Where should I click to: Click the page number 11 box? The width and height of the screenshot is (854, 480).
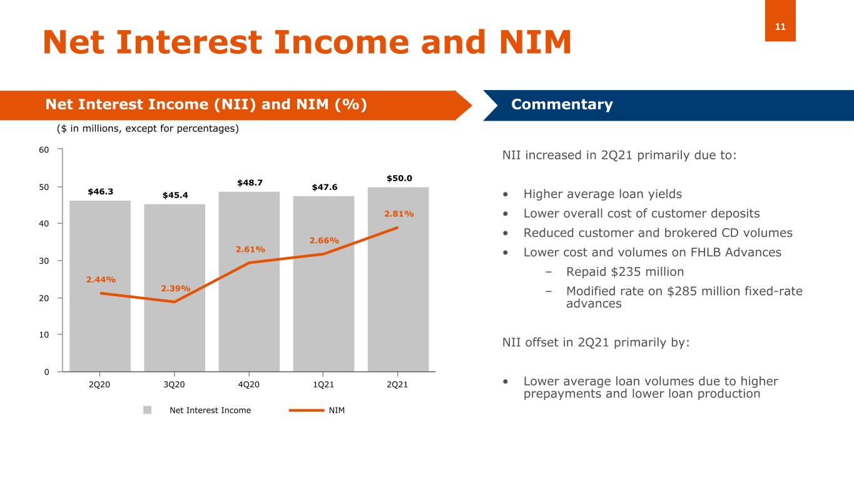(x=780, y=26)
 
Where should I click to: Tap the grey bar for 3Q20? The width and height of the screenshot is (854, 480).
(x=175, y=337)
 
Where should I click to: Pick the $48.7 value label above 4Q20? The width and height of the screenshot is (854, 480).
(x=250, y=182)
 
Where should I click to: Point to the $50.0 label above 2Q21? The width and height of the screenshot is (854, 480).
(x=399, y=178)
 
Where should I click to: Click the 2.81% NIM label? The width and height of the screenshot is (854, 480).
(x=399, y=214)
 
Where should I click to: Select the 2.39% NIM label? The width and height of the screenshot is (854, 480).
(x=176, y=288)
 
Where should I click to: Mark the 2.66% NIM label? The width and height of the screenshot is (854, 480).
(x=324, y=241)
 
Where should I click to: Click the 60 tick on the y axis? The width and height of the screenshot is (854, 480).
(x=46, y=149)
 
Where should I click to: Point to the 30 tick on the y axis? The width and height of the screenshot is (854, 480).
(x=46, y=261)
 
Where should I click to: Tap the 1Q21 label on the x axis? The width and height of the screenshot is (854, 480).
(x=323, y=384)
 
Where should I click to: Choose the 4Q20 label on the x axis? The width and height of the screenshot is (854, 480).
(x=249, y=384)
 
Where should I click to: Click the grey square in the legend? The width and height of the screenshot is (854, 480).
(x=148, y=410)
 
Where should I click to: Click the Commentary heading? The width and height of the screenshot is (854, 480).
(x=562, y=105)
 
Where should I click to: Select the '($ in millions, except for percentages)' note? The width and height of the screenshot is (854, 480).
(x=148, y=129)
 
